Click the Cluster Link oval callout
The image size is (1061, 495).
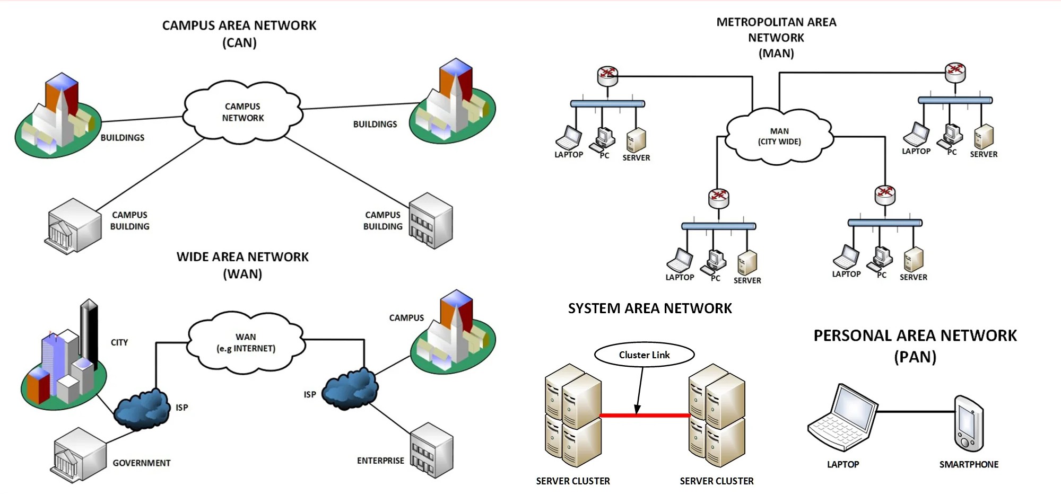coord(644,355)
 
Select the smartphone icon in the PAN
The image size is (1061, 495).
coord(969,423)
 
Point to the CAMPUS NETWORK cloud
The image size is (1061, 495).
coord(243,112)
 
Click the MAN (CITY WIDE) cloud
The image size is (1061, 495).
coord(779,136)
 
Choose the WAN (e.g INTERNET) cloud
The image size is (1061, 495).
coord(246,342)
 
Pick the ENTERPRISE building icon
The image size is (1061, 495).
coord(432,450)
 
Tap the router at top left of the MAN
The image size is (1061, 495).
coord(607,75)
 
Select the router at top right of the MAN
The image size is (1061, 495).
coord(955,72)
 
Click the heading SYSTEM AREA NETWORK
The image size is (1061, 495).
coord(650,308)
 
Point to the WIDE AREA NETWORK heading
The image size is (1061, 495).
coord(242,257)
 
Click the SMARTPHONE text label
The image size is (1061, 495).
coord(969,464)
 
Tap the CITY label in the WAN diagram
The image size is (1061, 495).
coord(119,342)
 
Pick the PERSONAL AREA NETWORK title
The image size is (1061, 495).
coord(915,335)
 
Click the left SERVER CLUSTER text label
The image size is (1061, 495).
coord(573,481)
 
